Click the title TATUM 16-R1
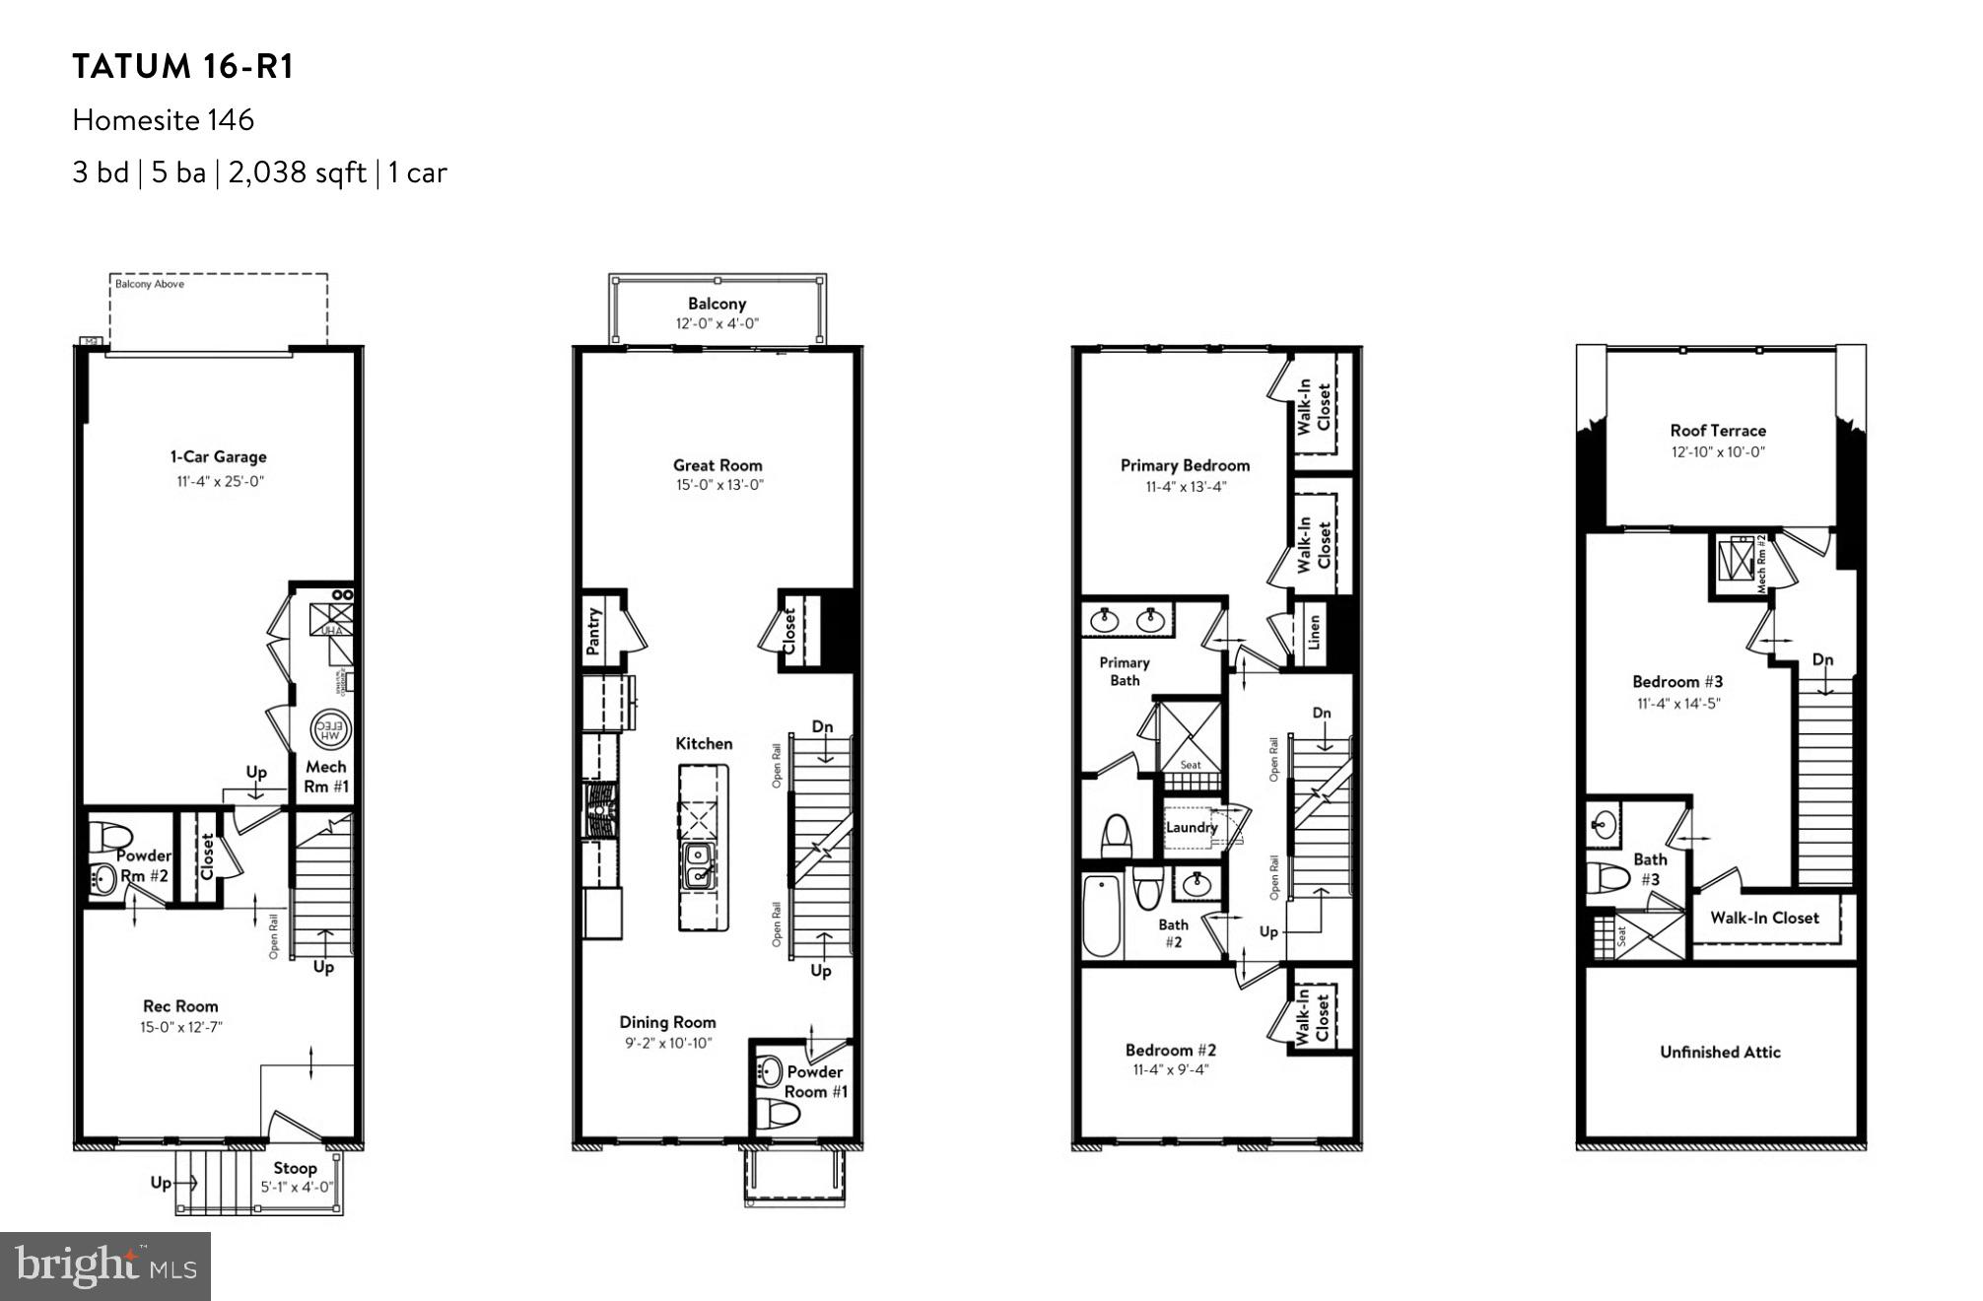tap(183, 67)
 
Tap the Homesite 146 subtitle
tap(164, 120)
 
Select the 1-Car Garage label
tap(219, 457)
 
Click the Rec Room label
tap(180, 1006)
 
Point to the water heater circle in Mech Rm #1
tap(330, 729)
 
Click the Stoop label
tap(295, 1168)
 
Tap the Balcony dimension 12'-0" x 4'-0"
tap(717, 324)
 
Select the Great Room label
tap(718, 465)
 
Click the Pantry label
tap(593, 631)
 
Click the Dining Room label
tap(667, 1022)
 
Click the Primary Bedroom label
tap(1185, 465)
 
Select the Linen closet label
tap(1313, 633)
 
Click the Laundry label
tap(1192, 827)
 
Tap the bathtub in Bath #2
tap(1102, 917)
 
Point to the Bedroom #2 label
tap(1171, 1051)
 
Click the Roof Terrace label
tap(1718, 431)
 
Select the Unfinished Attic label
tap(1720, 1052)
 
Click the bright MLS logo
tap(105, 1266)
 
